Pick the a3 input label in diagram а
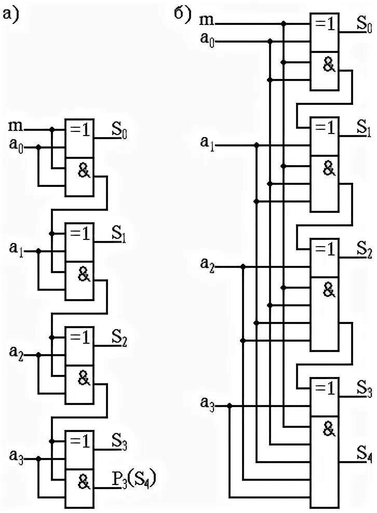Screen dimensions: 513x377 tap(16, 457)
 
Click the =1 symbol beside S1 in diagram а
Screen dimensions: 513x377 tap(79, 235)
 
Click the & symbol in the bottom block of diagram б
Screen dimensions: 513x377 tap(328, 429)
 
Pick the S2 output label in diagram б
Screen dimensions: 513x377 tap(363, 253)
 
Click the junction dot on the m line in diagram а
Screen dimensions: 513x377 tap(51, 130)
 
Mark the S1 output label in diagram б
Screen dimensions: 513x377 tap(363, 127)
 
